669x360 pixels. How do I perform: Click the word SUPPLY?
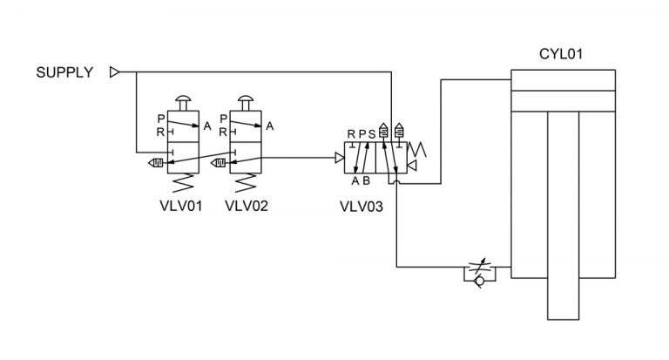tap(64, 72)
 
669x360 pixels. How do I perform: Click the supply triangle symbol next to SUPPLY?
tap(114, 72)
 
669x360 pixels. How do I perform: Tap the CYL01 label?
tap(561, 54)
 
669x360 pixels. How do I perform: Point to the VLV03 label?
tap(361, 207)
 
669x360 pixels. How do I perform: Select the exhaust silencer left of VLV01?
tap(157, 161)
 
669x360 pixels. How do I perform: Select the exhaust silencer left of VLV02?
tap(220, 161)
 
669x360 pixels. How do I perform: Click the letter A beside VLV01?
tap(207, 126)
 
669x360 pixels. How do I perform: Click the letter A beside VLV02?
tap(270, 126)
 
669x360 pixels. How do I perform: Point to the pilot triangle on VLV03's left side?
tap(339, 158)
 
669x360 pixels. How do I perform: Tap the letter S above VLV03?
tap(372, 133)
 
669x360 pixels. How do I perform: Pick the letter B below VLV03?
tap(367, 181)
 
